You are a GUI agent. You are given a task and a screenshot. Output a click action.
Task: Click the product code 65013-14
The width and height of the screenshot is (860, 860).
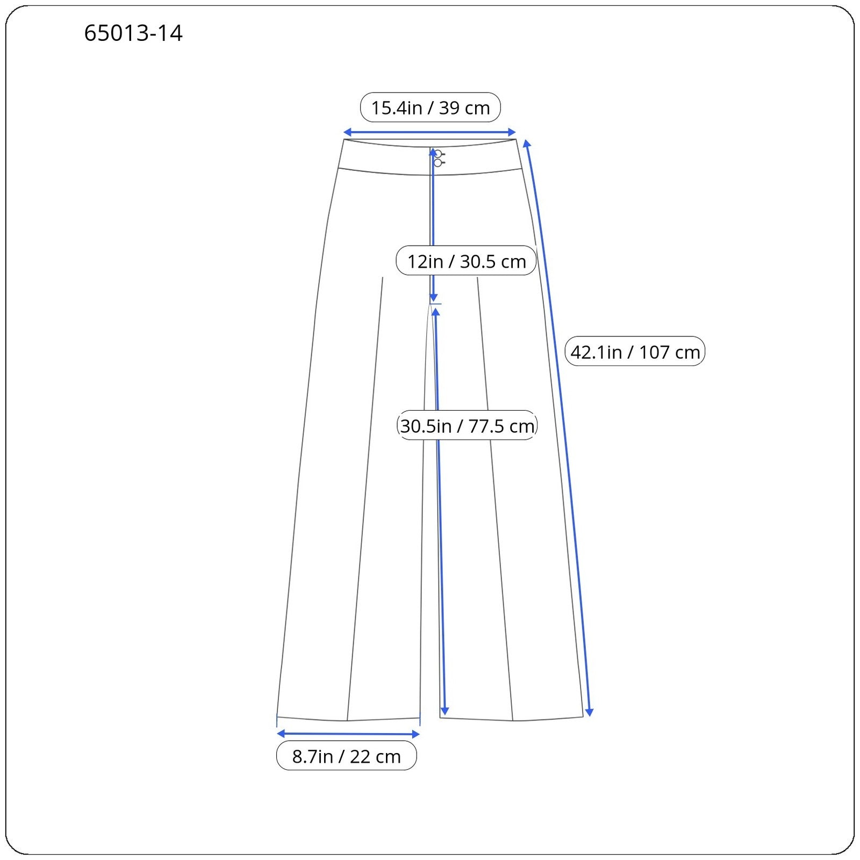pos(133,33)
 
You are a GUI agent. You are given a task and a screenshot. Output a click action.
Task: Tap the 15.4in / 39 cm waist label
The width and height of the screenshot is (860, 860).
pos(431,107)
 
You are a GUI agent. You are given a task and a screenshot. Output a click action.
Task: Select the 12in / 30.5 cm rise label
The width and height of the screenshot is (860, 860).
pos(466,261)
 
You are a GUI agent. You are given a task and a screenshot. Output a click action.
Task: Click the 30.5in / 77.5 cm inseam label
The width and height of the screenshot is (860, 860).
pos(467,426)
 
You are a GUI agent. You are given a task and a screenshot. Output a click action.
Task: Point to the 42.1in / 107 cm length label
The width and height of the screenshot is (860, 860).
pos(635,352)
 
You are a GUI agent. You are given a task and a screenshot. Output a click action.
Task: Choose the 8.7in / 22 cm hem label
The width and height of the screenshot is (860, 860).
pos(346,756)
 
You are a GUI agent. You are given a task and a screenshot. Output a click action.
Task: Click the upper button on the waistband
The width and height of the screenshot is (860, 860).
pos(438,154)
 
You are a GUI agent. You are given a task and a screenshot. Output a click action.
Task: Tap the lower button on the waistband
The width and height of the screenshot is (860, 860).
pos(438,163)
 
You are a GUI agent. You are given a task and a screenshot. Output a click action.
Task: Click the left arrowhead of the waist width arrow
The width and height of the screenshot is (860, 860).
pos(348,132)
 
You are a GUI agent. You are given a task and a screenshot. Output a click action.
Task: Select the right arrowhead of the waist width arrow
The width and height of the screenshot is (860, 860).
pos(512,132)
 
